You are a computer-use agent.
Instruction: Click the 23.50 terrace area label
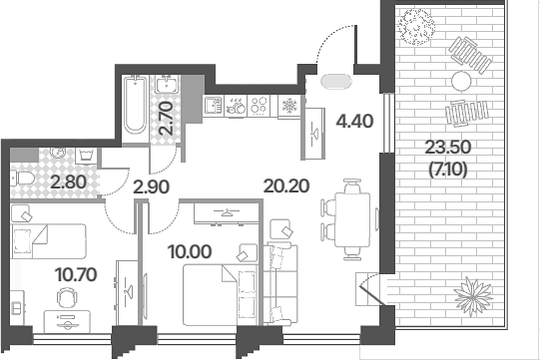point(448,148)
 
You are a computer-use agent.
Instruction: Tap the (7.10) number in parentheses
point(448,170)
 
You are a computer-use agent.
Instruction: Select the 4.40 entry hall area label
point(354,121)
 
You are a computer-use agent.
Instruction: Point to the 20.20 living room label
point(286,185)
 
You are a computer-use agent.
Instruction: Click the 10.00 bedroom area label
point(190,251)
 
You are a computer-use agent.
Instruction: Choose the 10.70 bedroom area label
point(76,274)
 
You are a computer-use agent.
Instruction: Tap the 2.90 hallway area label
point(151,187)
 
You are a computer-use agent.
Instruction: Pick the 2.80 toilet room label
point(68,181)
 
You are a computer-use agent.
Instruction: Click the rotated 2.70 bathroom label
point(166,118)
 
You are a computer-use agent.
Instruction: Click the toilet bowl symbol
point(22,179)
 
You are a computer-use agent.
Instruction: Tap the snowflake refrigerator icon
point(288,106)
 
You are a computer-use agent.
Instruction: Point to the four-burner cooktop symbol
point(259,106)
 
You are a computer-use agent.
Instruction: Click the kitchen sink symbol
point(214,106)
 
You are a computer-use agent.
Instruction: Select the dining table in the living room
point(352,219)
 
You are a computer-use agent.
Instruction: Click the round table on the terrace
point(461,81)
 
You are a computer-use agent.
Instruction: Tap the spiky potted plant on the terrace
point(472,295)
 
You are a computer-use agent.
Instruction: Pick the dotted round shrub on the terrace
point(415,27)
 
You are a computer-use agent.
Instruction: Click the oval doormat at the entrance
point(336,82)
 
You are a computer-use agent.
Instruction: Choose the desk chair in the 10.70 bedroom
point(67,297)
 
